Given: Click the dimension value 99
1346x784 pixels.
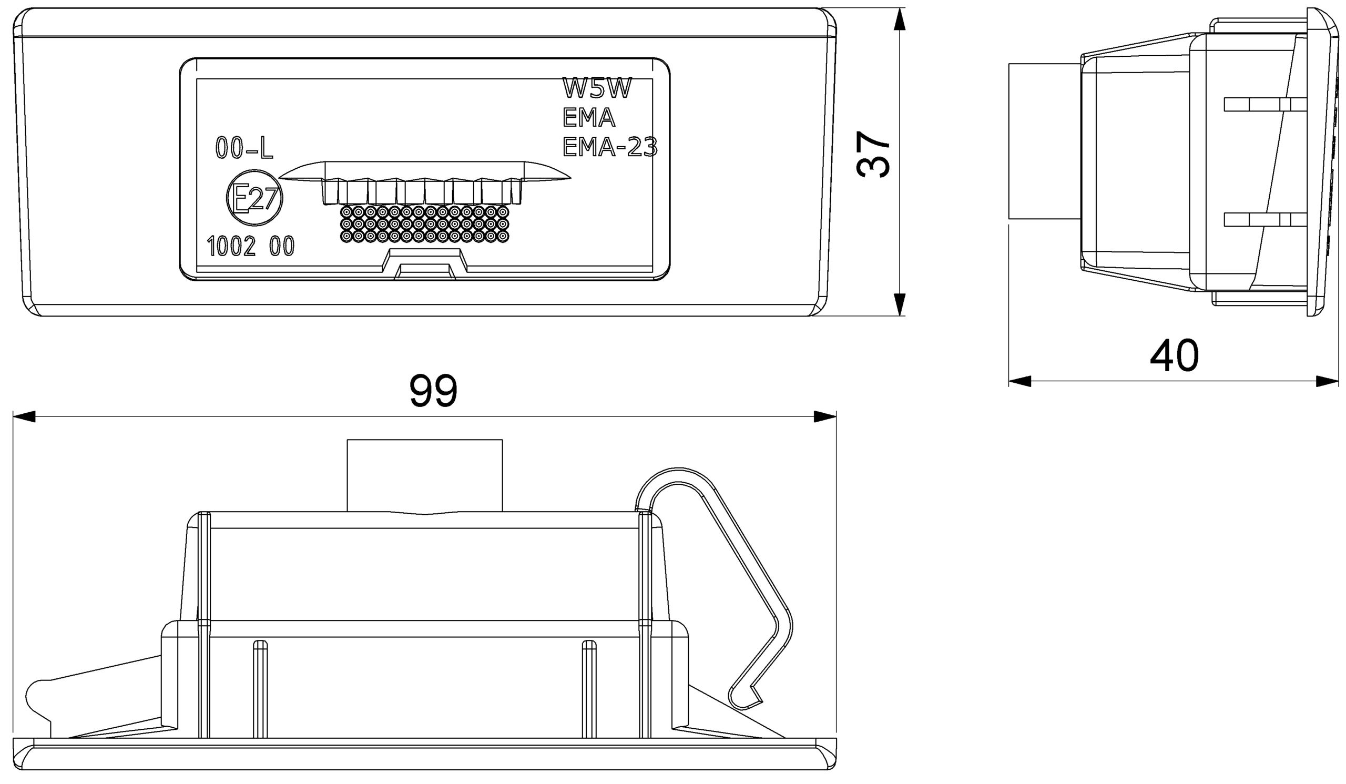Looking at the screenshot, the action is tap(433, 391).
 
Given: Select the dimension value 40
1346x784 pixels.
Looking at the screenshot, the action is tap(1174, 355).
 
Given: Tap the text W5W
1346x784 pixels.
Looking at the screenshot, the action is tap(597, 88).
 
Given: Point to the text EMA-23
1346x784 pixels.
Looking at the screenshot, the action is tap(609, 147).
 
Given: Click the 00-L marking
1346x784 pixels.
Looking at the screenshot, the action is tap(244, 148).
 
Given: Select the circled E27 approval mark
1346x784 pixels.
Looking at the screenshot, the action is tap(254, 200).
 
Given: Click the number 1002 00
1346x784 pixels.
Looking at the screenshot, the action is tap(250, 247).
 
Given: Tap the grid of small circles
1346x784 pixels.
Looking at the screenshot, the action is tap(425, 224).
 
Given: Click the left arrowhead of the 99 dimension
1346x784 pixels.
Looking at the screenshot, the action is tap(24, 416).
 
